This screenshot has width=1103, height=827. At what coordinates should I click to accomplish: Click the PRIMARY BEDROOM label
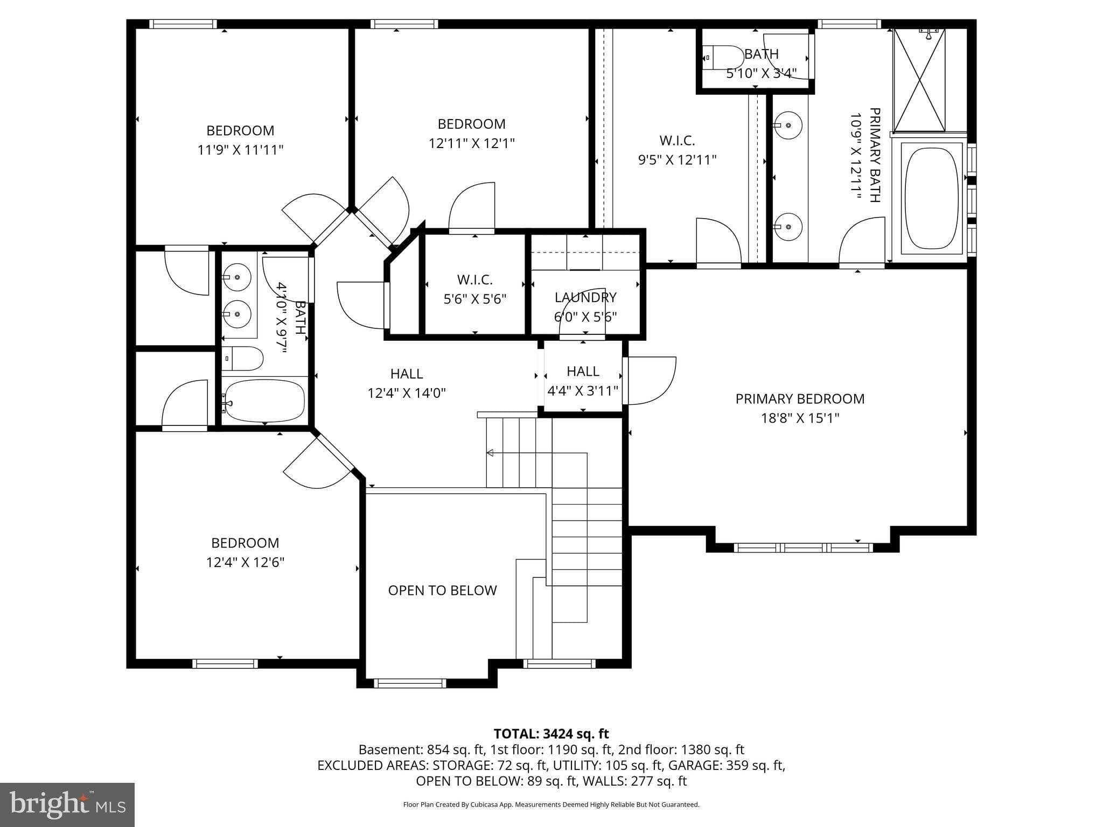click(800, 399)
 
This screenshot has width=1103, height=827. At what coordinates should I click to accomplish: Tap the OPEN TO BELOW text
click(442, 591)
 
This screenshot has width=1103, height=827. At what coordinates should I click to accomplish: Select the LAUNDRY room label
click(585, 297)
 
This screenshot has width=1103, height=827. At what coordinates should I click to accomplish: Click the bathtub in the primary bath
click(932, 199)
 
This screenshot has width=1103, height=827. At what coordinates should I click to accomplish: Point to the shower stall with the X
click(919, 81)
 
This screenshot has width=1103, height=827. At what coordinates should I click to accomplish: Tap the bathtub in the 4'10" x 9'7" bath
click(264, 401)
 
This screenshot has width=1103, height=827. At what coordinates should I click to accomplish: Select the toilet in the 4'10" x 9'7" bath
click(243, 359)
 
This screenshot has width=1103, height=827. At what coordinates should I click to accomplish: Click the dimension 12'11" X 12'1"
click(472, 143)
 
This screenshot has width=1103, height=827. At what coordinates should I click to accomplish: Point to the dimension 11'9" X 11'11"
click(240, 150)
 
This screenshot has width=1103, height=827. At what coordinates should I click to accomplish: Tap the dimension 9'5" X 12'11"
click(677, 160)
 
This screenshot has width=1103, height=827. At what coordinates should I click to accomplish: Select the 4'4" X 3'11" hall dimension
click(583, 390)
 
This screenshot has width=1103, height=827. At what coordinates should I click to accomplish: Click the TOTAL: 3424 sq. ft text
click(551, 734)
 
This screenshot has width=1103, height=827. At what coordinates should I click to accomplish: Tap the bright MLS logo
click(67, 804)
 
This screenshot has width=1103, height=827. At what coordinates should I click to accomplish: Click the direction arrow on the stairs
click(490, 453)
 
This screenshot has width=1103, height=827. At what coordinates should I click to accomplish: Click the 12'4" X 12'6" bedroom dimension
click(245, 562)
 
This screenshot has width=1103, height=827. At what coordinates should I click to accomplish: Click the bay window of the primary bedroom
click(802, 548)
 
